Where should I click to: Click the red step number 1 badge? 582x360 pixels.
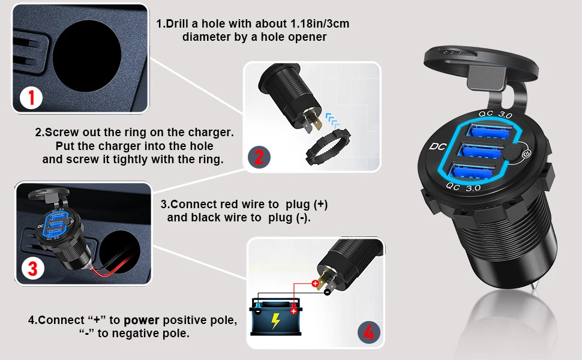[x=31, y=97]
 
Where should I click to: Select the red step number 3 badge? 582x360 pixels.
[x=32, y=268]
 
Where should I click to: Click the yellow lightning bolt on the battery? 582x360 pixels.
[x=275, y=322]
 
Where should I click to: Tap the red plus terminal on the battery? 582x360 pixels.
[x=294, y=310]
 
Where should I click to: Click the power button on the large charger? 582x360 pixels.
[x=526, y=155]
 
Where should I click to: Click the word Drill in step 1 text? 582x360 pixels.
[x=180, y=25]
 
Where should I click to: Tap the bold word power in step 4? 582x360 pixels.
[x=142, y=320]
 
